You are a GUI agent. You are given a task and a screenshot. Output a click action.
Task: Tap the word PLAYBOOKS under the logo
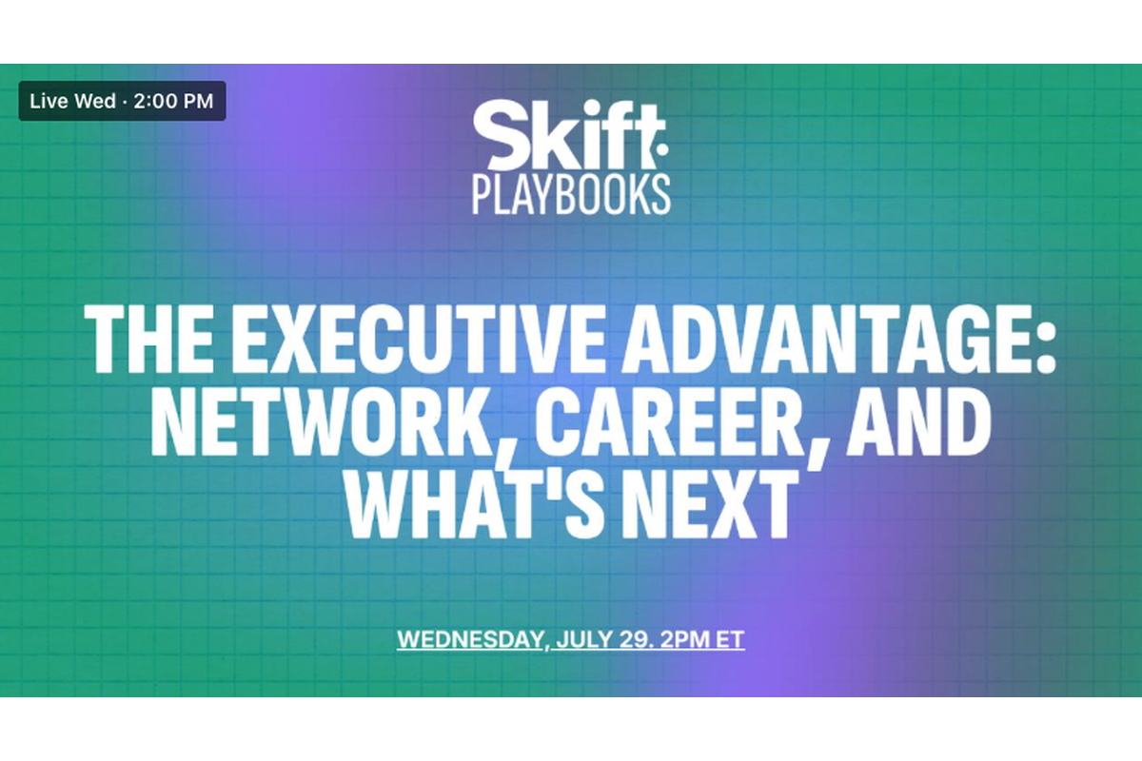pyautogui.click(x=571, y=194)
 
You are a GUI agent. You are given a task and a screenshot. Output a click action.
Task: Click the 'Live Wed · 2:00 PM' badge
pyautogui.click(x=123, y=101)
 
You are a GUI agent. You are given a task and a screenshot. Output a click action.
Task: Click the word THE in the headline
pyautogui.click(x=148, y=339)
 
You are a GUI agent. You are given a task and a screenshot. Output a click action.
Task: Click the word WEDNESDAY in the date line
pyautogui.click(x=469, y=639)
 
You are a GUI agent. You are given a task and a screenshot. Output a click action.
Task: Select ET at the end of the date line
pyautogui.click(x=730, y=639)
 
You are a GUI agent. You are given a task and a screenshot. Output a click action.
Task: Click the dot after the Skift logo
pyautogui.click(x=660, y=150)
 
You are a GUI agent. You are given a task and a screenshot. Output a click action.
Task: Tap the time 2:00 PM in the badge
pyautogui.click(x=173, y=101)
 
